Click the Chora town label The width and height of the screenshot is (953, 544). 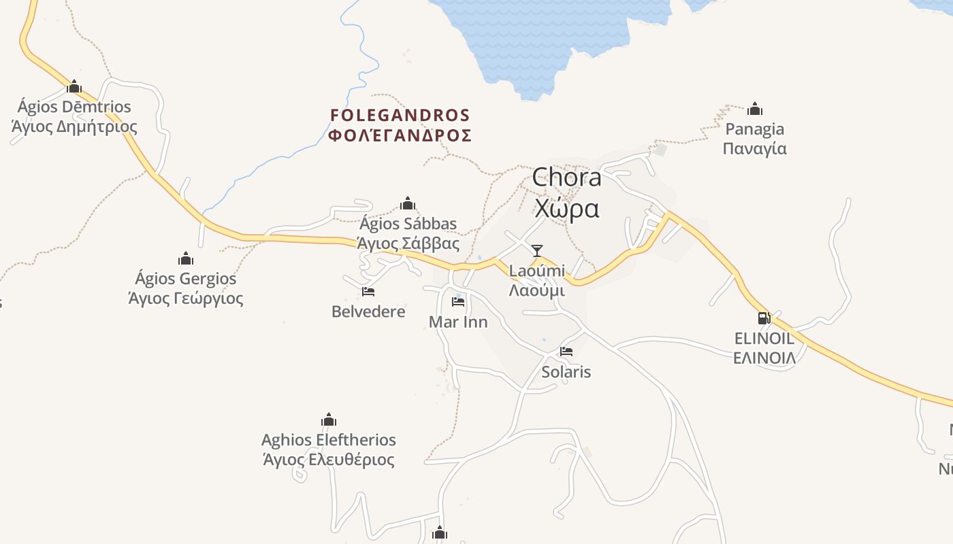click(x=566, y=177)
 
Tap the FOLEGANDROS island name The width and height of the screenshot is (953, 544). click(x=400, y=115)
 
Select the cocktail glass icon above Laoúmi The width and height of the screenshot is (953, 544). click(x=537, y=251)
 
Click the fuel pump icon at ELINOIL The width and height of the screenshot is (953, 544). click(x=764, y=318)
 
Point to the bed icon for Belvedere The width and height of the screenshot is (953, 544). click(x=368, y=292)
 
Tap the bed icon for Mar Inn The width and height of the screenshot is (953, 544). click(x=458, y=301)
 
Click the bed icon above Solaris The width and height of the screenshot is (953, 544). click(x=566, y=352)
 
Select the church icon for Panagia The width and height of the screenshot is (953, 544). click(x=754, y=109)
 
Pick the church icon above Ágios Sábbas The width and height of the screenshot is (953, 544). click(x=408, y=203)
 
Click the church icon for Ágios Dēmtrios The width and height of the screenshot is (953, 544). click(x=74, y=86)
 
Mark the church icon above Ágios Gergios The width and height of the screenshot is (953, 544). click(x=186, y=258)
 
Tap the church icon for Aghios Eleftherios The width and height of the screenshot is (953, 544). click(x=329, y=420)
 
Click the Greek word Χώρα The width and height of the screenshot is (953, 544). click(x=567, y=208)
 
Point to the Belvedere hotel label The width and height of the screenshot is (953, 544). click(x=368, y=311)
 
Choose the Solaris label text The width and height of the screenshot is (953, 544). click(x=566, y=372)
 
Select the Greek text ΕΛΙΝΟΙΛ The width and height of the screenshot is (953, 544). click(x=764, y=358)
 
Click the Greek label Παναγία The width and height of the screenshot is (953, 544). click(x=754, y=148)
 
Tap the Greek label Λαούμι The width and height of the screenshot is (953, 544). click(x=537, y=290)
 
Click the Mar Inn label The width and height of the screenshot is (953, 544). click(x=458, y=322)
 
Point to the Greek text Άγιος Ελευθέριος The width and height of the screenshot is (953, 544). click(x=328, y=460)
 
